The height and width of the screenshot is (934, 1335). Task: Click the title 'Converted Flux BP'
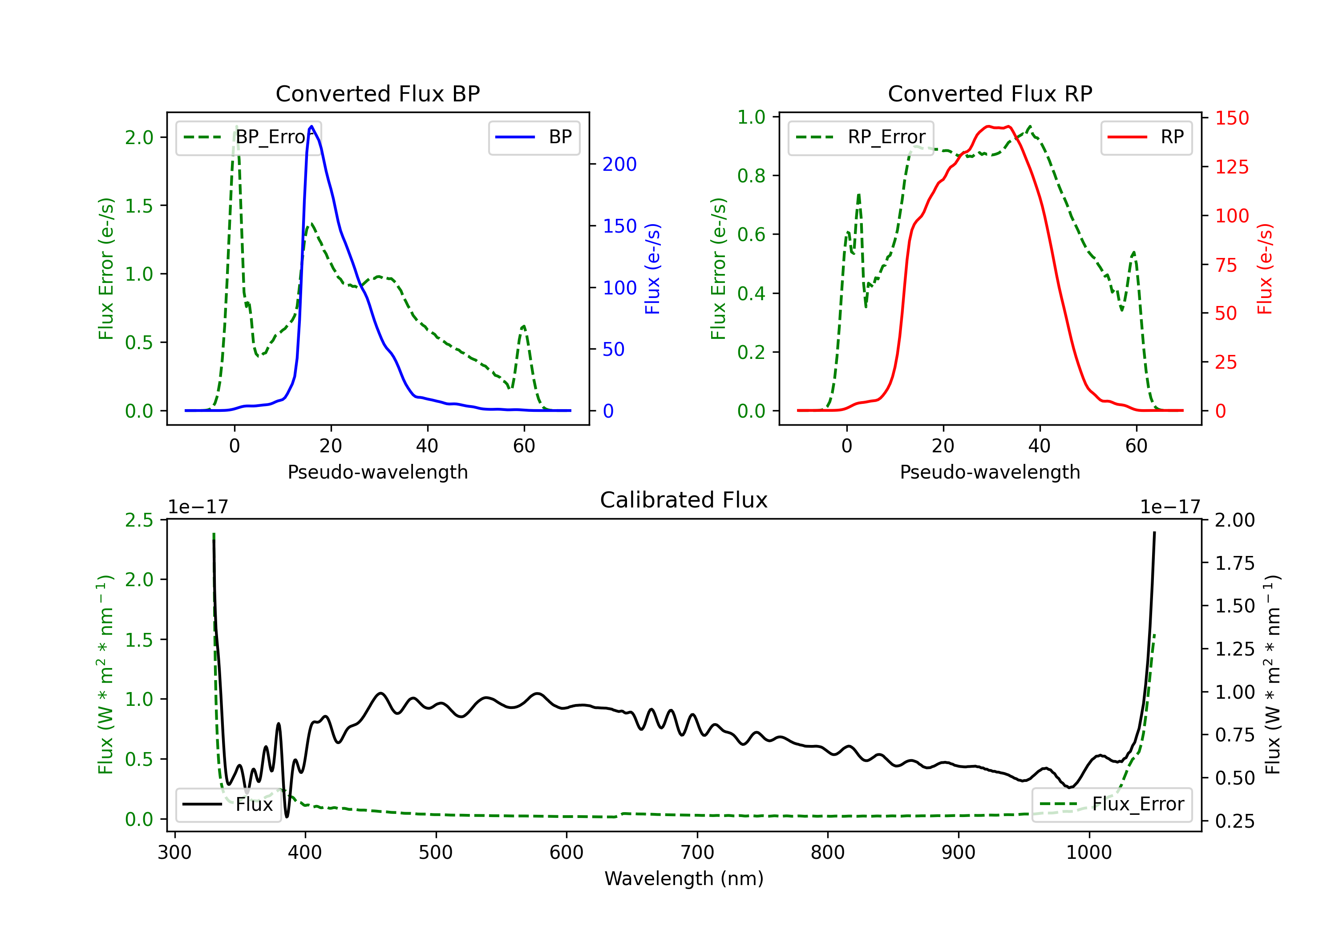[377, 93]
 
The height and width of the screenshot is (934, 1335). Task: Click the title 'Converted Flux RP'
[990, 93]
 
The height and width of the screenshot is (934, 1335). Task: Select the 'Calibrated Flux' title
[684, 500]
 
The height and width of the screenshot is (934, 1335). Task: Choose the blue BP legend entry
[534, 137]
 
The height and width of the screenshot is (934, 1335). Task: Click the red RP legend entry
[1146, 137]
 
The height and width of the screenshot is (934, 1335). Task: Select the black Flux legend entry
[227, 805]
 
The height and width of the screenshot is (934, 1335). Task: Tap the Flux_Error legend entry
[1112, 805]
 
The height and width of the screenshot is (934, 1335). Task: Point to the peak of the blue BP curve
[311, 126]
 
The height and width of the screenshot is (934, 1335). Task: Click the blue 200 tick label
[620, 165]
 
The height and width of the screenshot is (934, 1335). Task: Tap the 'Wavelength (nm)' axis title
[684, 879]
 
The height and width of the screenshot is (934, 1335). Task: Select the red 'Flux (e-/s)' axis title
[1265, 269]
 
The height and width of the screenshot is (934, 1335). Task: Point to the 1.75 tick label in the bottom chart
[1235, 563]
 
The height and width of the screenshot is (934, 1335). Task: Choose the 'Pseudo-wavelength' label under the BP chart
[378, 472]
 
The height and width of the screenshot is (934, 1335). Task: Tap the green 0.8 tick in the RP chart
[751, 176]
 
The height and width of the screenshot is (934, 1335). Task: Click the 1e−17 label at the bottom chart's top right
[1170, 507]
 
